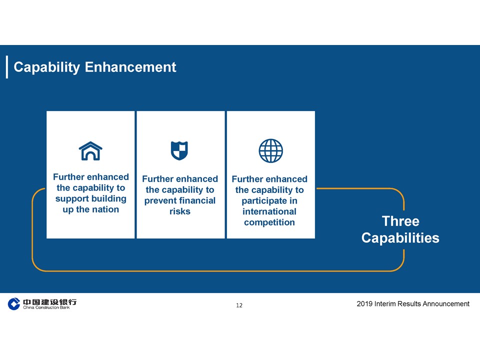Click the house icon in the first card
coord(90,151)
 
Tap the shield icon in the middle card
coord(179,150)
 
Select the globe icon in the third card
coord(270,150)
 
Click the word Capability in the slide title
coord(47,67)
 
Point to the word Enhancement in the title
coord(130,67)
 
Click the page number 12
coord(239,305)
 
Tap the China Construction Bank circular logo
coord(14,304)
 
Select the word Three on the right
coord(400,221)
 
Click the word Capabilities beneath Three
coord(400,238)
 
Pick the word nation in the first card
coord(105,209)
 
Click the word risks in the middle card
coord(180,211)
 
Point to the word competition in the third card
coord(269,222)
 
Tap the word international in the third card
coord(269,211)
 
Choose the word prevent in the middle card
coord(159,201)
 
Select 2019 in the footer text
coord(364,303)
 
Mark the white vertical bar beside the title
coord(7,67)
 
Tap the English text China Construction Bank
coord(46,307)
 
